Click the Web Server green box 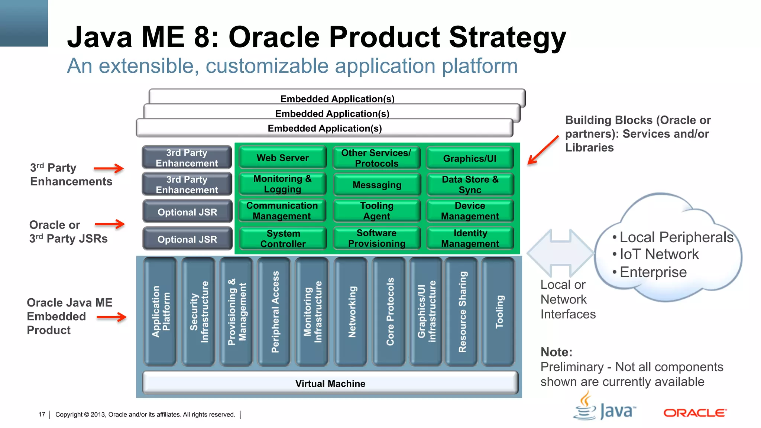pos(282,158)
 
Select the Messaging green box pos(377,185)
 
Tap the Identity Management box pos(470,238)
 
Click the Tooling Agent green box pos(377,211)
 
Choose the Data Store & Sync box pos(470,185)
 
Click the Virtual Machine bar pos(330,383)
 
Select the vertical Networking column pos(351,311)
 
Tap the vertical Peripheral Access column pos(274,311)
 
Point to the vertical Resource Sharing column pos(462,311)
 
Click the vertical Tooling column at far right pos(499,311)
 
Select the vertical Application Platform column pos(160,311)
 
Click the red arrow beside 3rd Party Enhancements pos(109,168)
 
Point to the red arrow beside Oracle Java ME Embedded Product pos(111,317)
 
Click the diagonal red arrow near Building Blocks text pos(543,150)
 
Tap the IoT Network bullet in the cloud pos(659,254)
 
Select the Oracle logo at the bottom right pos(694,413)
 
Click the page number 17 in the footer pos(42,414)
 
